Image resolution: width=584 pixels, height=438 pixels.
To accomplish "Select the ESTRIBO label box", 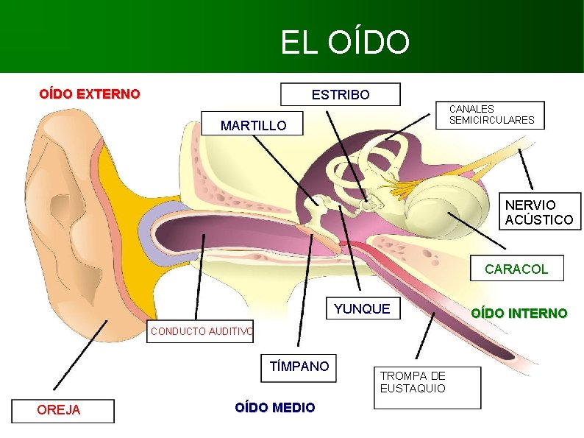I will [x=341, y=95].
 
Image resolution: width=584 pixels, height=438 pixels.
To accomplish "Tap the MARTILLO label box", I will [x=253, y=126].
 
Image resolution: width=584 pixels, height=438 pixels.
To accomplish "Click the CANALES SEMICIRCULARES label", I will [x=491, y=115].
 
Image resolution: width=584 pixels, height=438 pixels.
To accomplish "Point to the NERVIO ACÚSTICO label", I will [x=539, y=212].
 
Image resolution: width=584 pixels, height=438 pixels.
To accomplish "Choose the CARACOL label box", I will [x=516, y=269].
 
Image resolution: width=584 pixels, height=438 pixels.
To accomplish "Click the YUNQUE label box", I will [x=362, y=309].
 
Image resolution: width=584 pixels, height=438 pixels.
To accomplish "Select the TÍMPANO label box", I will [x=299, y=366].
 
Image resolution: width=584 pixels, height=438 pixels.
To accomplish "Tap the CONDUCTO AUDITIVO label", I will [x=201, y=331].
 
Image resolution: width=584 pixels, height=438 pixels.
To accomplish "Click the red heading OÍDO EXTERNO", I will [x=89, y=94].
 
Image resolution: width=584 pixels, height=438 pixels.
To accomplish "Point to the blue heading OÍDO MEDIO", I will [x=275, y=408].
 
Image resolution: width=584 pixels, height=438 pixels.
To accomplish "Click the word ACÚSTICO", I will [x=539, y=219].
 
